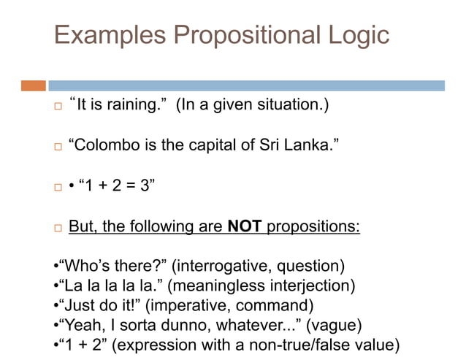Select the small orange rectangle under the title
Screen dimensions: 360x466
pos(34,85)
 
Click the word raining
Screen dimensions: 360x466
pos(136,105)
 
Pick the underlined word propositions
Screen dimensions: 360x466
pos(313,226)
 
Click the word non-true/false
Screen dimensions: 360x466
pos(302,344)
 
